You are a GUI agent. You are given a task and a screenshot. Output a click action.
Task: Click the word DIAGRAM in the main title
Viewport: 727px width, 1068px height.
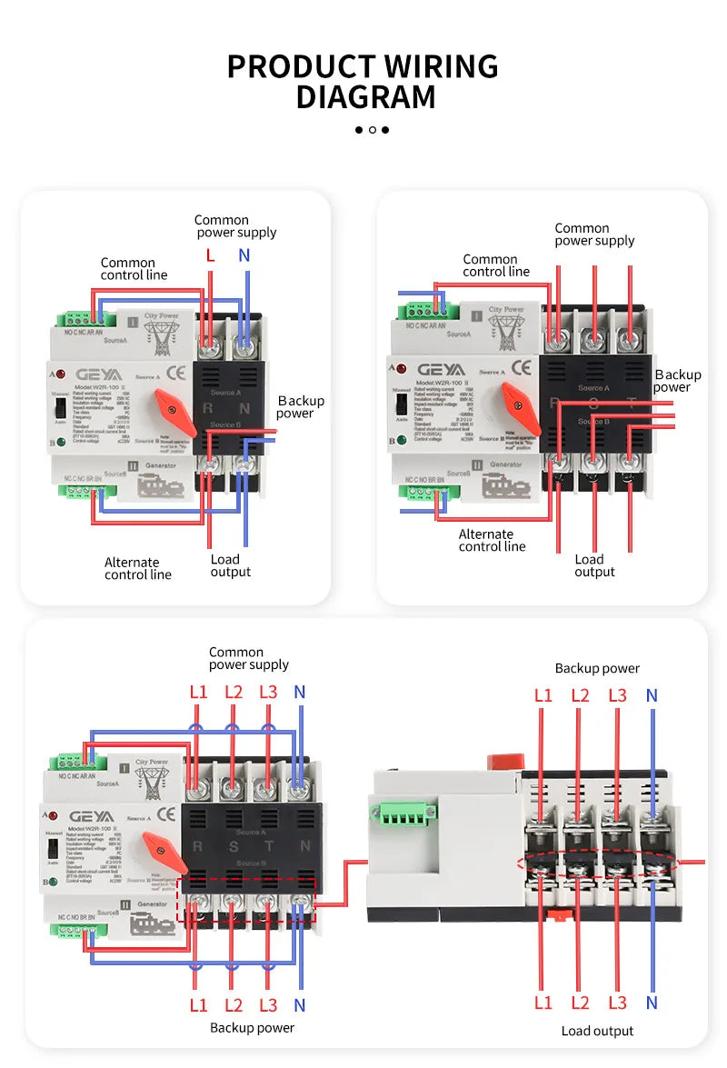click(365, 96)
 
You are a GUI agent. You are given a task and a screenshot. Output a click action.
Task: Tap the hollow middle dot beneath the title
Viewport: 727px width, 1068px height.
click(372, 130)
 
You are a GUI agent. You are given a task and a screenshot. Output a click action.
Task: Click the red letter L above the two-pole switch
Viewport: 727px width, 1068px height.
click(210, 255)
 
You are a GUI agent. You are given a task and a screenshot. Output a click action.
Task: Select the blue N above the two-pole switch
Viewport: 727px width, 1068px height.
click(244, 255)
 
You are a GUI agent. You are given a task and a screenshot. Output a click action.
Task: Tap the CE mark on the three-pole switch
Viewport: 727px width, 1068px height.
click(522, 367)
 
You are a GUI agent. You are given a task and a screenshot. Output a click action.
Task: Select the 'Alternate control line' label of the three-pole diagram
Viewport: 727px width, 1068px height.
click(492, 541)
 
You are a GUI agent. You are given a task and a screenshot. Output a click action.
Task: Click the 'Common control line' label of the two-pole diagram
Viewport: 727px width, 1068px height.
click(134, 269)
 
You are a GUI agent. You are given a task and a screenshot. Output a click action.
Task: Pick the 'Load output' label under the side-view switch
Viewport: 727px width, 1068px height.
click(597, 1031)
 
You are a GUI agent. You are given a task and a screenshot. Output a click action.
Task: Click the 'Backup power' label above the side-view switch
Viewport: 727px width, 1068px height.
click(597, 668)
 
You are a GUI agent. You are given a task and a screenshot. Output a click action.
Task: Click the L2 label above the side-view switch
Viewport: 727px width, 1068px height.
click(581, 695)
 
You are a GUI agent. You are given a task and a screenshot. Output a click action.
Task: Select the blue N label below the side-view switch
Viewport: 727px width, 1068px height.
click(652, 1003)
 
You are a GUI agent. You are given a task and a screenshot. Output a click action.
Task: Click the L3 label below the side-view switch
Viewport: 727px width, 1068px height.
click(617, 1003)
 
